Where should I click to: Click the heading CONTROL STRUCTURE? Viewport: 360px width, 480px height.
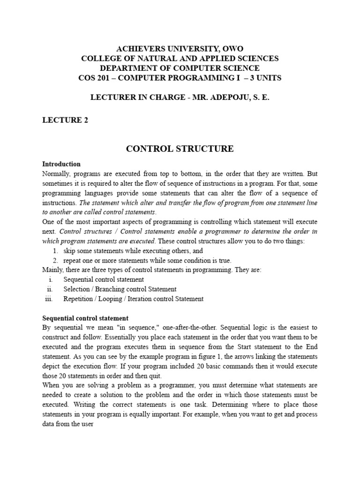coord(180,149)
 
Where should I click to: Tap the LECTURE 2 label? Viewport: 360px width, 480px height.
coord(65,120)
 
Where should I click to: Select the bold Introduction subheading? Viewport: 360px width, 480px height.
coord(61,164)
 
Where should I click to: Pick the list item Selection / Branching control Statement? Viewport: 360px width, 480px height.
coord(120,289)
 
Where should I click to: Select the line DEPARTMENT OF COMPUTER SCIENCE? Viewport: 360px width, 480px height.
coord(180,68)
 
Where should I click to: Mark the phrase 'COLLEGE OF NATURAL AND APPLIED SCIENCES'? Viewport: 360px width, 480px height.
coord(180,59)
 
